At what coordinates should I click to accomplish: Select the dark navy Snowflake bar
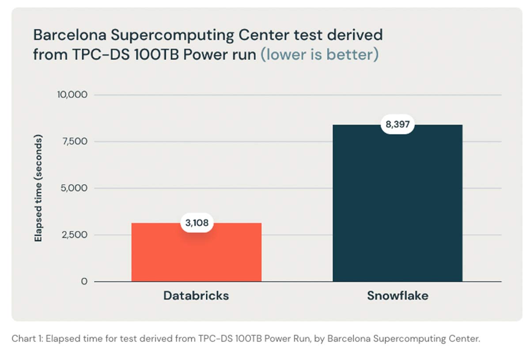(397, 208)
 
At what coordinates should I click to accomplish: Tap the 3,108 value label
(197, 223)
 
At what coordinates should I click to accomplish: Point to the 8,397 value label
(397, 125)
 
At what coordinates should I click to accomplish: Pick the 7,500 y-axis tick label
(74, 141)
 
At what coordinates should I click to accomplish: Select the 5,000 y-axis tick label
(74, 188)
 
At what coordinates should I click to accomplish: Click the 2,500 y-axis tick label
(74, 235)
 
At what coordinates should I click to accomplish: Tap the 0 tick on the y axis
(84, 281)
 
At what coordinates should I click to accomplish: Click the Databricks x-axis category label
(196, 296)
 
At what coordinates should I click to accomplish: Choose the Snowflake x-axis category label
(397, 296)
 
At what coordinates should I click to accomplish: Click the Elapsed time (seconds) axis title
(38, 188)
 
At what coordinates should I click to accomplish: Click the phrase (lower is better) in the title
(319, 55)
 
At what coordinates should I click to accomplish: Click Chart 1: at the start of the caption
(27, 339)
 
